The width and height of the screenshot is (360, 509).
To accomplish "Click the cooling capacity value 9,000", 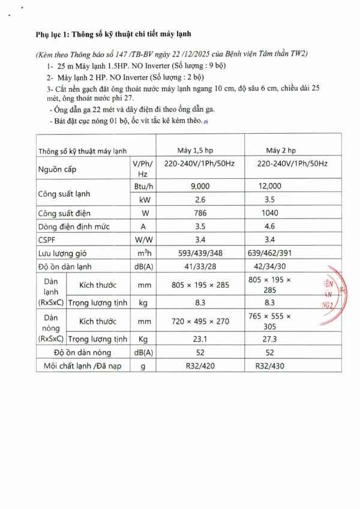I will click(200, 187).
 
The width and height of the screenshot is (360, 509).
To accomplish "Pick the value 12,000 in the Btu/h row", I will click(269, 187).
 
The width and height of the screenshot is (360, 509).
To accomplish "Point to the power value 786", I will click(200, 213).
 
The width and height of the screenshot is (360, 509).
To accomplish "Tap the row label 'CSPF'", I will click(48, 240).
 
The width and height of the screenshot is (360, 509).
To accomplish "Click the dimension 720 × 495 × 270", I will click(200, 321).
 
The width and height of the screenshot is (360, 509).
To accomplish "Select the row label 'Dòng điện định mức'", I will click(75, 227).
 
